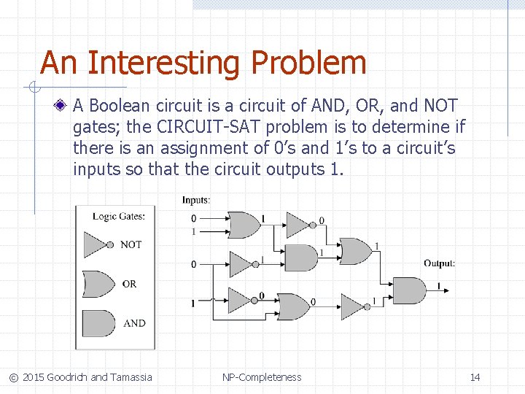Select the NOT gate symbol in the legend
tap(98, 244)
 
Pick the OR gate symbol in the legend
tap(98, 283)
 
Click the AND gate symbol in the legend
tap(98, 322)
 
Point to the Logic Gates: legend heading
tap(118, 216)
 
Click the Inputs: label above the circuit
tap(196, 200)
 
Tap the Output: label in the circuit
tap(439, 263)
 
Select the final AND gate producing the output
tap(409, 290)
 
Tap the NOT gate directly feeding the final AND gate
tap(355, 306)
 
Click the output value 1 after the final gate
tap(438, 285)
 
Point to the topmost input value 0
tap(193, 218)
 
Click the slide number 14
tap(475, 377)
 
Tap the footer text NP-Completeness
tap(262, 377)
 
